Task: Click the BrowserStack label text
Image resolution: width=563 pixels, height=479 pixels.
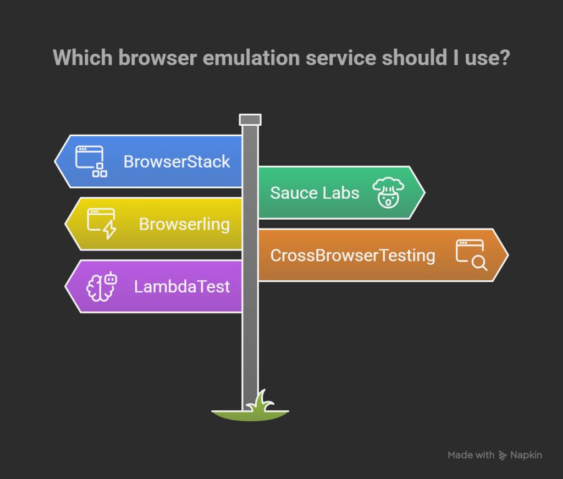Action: pyautogui.click(x=176, y=161)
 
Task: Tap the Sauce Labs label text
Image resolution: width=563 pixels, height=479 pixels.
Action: pyautogui.click(x=314, y=193)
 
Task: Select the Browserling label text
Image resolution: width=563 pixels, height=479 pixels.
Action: pyautogui.click(x=184, y=225)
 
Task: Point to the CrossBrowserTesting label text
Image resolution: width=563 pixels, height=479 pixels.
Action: pyautogui.click(x=352, y=256)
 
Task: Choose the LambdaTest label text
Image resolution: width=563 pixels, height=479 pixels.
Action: pyautogui.click(x=181, y=287)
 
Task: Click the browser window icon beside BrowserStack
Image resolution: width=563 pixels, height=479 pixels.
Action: pyautogui.click(x=91, y=161)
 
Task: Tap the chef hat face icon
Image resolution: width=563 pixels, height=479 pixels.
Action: pyautogui.click(x=388, y=193)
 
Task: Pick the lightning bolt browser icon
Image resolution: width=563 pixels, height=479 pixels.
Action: pyautogui.click(x=102, y=224)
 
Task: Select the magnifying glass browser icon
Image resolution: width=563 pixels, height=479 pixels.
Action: pyautogui.click(x=471, y=255)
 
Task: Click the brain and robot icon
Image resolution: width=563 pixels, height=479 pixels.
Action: pyautogui.click(x=102, y=286)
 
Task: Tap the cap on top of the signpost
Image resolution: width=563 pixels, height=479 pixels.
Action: pyautogui.click(x=250, y=120)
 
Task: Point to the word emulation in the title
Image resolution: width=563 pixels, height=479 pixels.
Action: pyautogui.click(x=251, y=58)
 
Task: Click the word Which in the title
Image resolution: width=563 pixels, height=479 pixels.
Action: pyautogui.click(x=82, y=58)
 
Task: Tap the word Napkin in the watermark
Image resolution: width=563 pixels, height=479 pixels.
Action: pyautogui.click(x=526, y=455)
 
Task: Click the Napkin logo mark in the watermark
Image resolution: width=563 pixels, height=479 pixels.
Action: pyautogui.click(x=503, y=455)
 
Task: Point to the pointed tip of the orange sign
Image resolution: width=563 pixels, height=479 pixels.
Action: pyautogui.click(x=508, y=255)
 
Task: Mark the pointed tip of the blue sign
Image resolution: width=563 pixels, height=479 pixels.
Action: pyautogui.click(x=55, y=161)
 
